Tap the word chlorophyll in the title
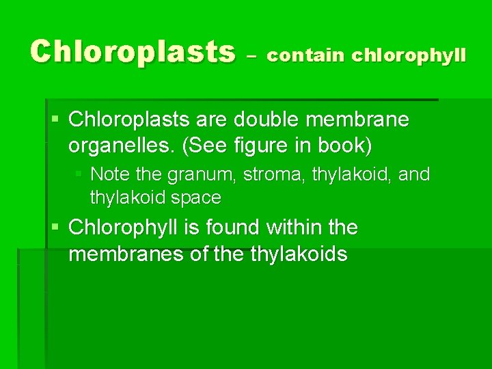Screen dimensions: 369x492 pos(409,55)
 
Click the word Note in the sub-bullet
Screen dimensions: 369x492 pos(109,174)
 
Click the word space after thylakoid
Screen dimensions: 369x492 pos(197,198)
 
